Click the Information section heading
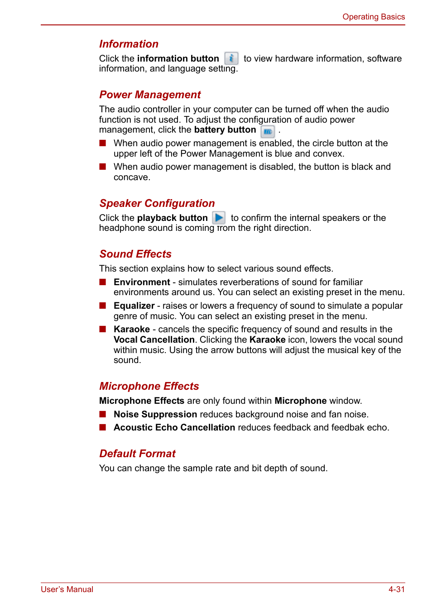129,44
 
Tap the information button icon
231,58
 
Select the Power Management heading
150,95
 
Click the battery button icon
268,132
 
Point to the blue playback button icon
219,218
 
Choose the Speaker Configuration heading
157,203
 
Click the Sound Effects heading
135,254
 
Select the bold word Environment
142,282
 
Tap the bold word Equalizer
134,306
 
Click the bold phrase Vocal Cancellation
154,339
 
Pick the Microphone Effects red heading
149,386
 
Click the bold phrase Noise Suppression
155,414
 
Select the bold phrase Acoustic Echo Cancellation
174,427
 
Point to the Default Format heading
137,454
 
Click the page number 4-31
396,589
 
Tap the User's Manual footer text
67,589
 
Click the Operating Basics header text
374,17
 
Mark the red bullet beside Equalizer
103,306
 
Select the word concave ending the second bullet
131,177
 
